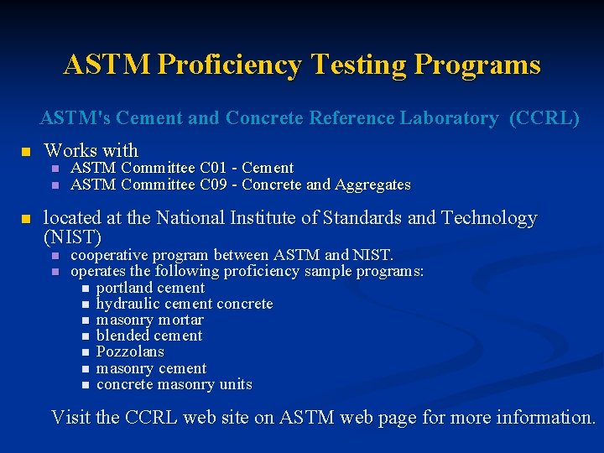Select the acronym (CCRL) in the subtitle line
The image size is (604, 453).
point(544,118)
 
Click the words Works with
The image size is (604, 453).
point(91,150)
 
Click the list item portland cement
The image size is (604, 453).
point(150,288)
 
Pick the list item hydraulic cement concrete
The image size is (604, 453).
point(185,304)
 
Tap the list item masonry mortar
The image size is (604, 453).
point(149,320)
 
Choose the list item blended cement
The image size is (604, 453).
point(149,336)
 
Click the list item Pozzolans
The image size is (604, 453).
point(130,351)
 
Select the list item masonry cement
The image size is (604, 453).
point(151,368)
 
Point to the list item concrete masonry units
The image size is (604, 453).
point(174,384)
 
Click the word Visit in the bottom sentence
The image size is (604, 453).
point(71,417)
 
